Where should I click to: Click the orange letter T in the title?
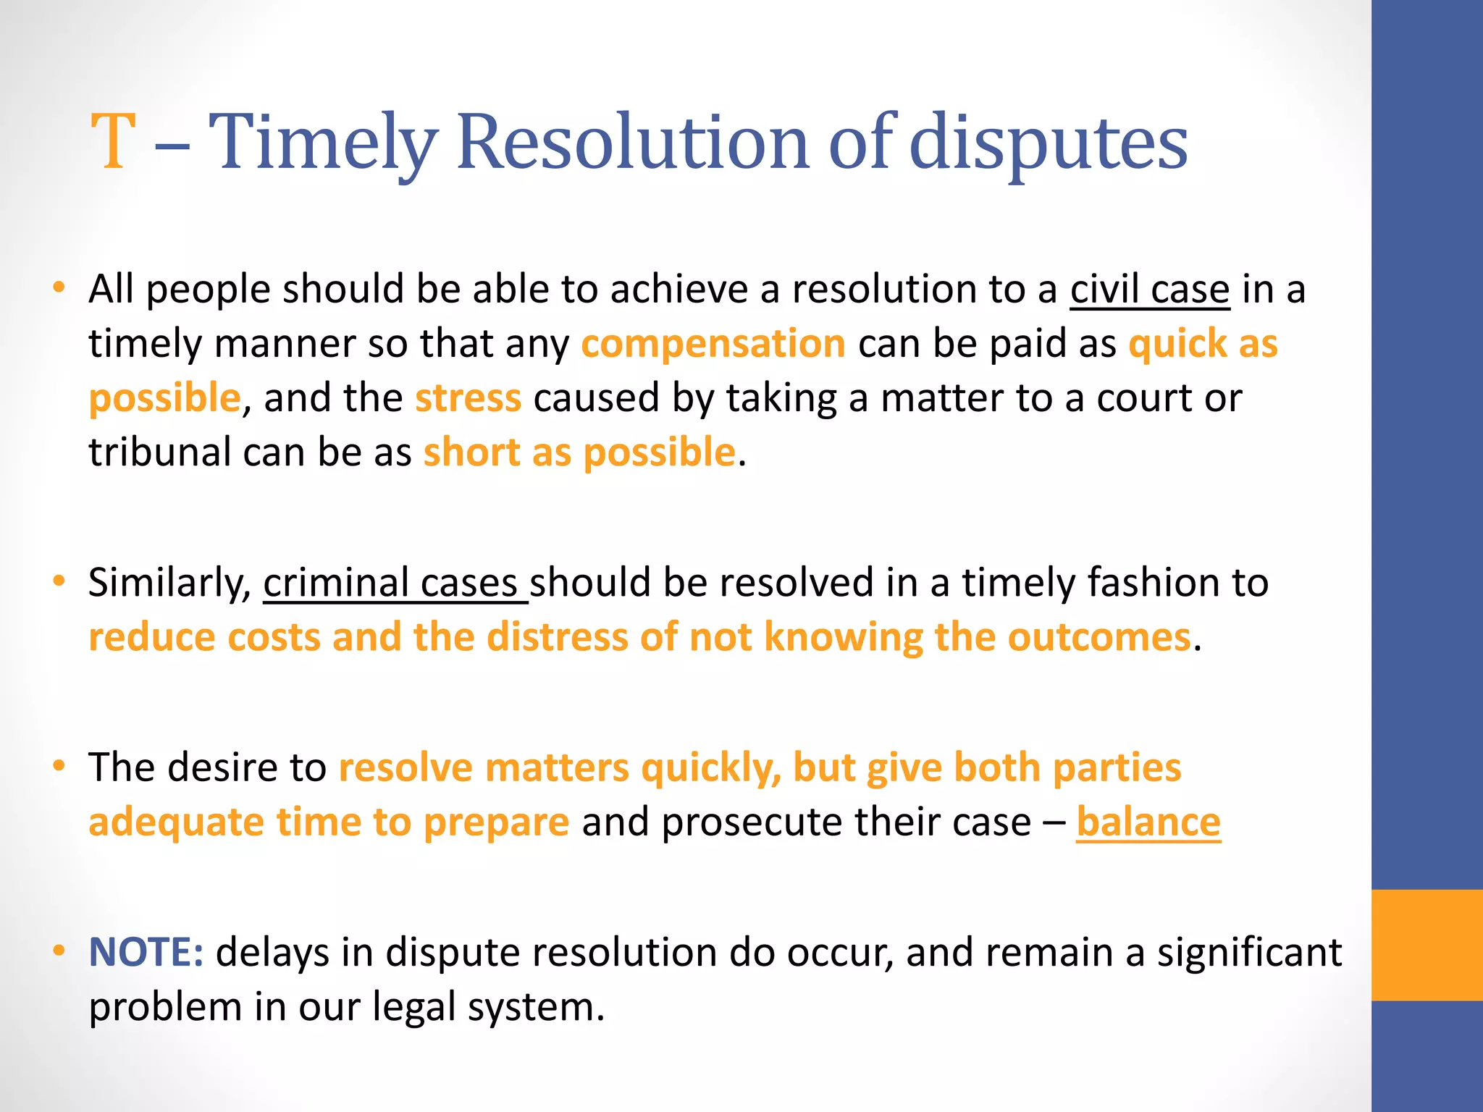tap(114, 143)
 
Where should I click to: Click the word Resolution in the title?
tap(632, 143)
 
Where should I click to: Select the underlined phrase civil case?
tap(1150, 290)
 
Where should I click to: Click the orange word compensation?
tap(713, 343)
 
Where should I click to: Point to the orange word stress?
tap(468, 398)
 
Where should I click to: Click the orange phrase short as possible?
tap(579, 453)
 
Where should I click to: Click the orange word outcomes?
tap(1099, 638)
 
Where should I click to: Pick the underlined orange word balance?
tap(1148, 822)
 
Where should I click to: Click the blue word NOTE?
tap(146, 952)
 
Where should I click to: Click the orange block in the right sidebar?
tap(1427, 945)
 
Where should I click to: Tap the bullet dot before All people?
tap(59, 287)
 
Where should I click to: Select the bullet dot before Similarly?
tap(59, 581)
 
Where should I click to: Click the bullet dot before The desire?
tap(59, 765)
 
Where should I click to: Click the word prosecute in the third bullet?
tap(765, 823)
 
